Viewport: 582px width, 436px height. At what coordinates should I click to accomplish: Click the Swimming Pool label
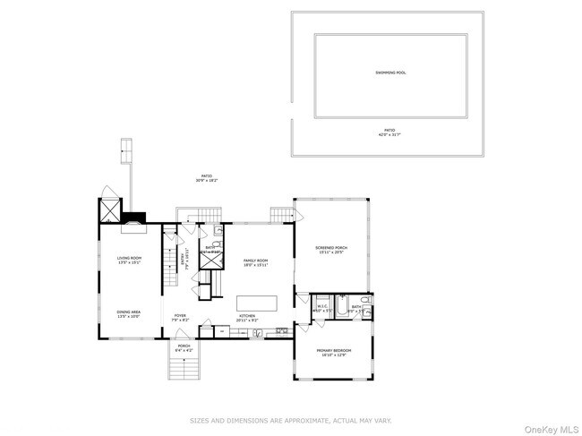pos(389,73)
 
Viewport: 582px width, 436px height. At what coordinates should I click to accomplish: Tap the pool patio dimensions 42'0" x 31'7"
pos(389,134)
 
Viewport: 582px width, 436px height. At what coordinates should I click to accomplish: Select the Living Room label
pos(130,260)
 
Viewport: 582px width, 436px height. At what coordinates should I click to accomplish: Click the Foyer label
pos(180,316)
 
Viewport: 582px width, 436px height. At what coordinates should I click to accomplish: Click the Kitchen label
pos(246,316)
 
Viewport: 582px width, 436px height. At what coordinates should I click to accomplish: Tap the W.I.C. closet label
pos(322,308)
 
